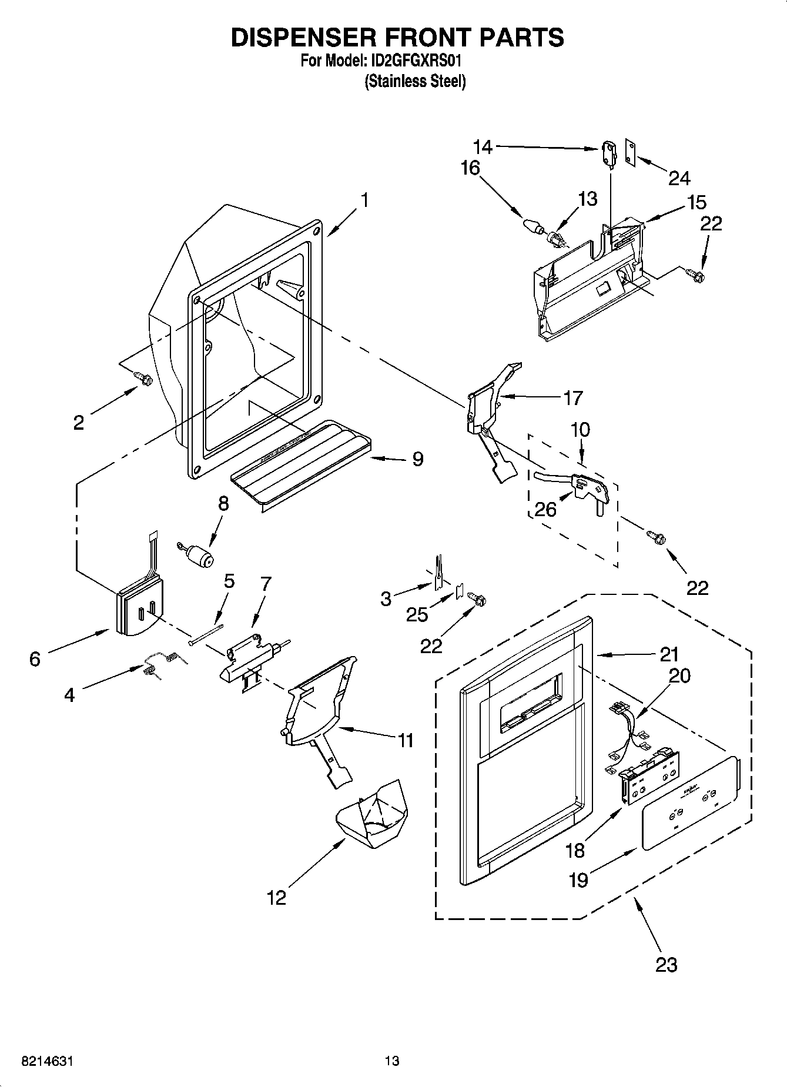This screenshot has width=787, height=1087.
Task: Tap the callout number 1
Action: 364,200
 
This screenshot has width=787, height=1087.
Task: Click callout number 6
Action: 35,659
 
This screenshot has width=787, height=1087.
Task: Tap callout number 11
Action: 406,740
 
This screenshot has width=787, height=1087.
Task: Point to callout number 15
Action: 697,202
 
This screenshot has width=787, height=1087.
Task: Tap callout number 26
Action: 545,509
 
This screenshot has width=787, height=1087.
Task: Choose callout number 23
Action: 666,964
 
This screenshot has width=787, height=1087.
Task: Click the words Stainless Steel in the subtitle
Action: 415,81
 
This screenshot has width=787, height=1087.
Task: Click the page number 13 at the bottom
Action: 392,1061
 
